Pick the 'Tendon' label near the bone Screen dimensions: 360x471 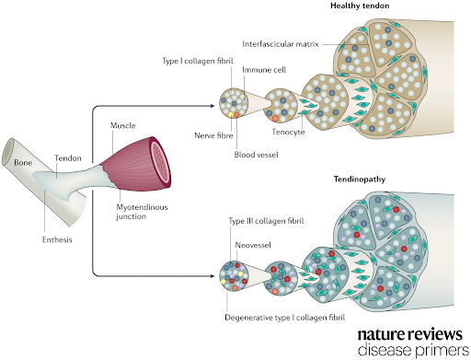point(68,158)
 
